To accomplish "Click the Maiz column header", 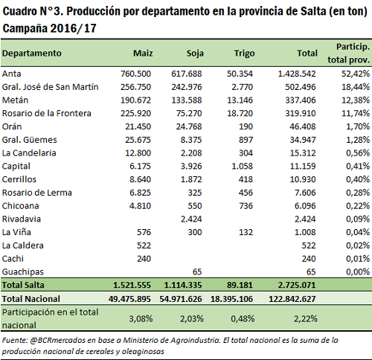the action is [x=143, y=54].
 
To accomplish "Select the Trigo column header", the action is [x=245, y=54].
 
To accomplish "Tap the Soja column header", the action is [x=195, y=54].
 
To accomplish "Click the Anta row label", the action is [x=12, y=74].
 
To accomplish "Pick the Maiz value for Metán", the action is [x=135, y=100].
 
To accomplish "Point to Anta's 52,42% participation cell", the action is [x=356, y=74].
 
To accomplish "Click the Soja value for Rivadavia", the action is [x=191, y=219].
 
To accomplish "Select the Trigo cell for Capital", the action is [x=242, y=166].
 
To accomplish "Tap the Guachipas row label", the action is [x=23, y=272].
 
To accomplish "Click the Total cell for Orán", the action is [x=303, y=126].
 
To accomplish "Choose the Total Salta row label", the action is [x=23, y=285].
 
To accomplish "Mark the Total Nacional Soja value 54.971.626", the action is [x=181, y=299].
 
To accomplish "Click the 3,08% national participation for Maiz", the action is [x=141, y=318].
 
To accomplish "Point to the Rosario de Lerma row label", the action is [x=37, y=193].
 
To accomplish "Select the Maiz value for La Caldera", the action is [x=144, y=245].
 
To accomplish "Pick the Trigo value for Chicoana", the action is [x=246, y=206].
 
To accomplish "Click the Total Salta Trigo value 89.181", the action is [x=240, y=285].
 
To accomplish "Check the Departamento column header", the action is [x=32, y=54].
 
